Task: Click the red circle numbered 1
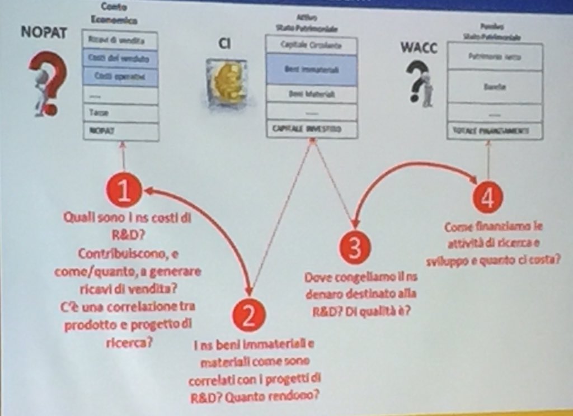123,190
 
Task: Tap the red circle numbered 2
249,315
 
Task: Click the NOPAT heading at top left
44,33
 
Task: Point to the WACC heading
418,47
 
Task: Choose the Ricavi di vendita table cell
120,40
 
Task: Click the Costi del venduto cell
120,58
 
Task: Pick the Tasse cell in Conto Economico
120,113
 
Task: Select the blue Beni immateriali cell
311,70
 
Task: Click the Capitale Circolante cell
311,45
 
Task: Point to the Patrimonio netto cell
495,56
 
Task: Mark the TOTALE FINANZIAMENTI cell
495,131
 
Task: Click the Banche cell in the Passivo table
495,87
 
